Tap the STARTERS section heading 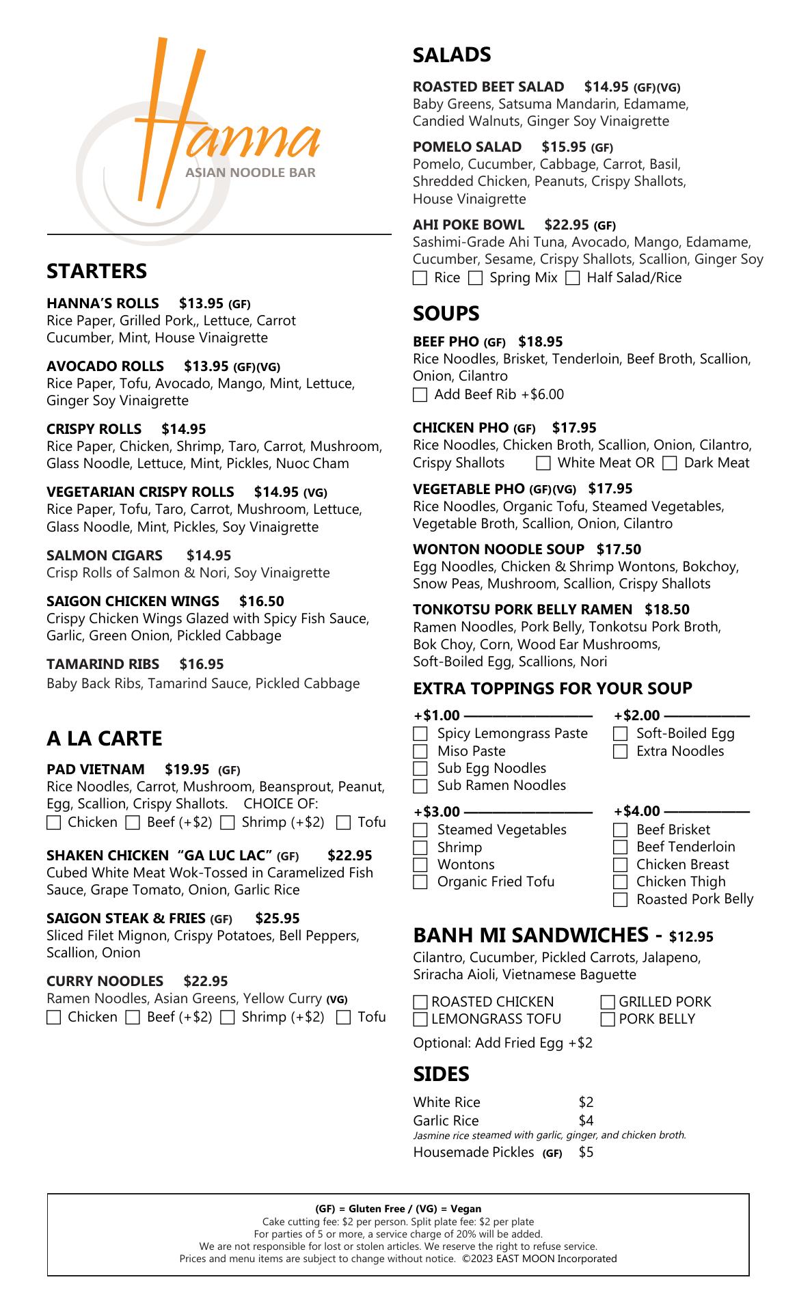[96, 271]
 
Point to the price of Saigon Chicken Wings [261, 601]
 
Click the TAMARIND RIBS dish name [103, 664]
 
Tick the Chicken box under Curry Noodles [53, 1017]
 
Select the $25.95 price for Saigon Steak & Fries [277, 918]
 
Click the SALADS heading [452, 55]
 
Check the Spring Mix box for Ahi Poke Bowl [476, 278]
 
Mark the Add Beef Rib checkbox [420, 395]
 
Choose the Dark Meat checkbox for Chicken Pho [670, 464]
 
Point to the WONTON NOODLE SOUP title [498, 549]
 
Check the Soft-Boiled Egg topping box [620, 734]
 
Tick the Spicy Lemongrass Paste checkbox [420, 734]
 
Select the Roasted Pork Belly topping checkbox [620, 900]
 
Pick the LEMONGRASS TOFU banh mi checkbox [420, 1020]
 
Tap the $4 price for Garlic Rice [586, 1121]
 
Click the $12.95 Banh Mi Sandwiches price [691, 937]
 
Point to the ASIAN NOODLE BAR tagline [250, 172]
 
